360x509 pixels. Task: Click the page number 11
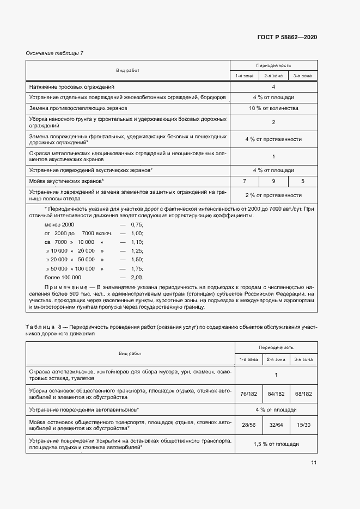(313, 463)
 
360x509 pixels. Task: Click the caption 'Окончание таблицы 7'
(54, 53)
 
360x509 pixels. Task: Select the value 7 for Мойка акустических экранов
(245, 181)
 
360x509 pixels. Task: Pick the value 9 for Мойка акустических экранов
(273, 181)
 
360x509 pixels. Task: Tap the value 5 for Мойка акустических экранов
(302, 181)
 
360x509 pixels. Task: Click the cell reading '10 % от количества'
(273, 108)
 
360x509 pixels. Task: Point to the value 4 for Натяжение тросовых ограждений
(273, 87)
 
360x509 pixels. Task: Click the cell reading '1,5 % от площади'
(276, 444)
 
